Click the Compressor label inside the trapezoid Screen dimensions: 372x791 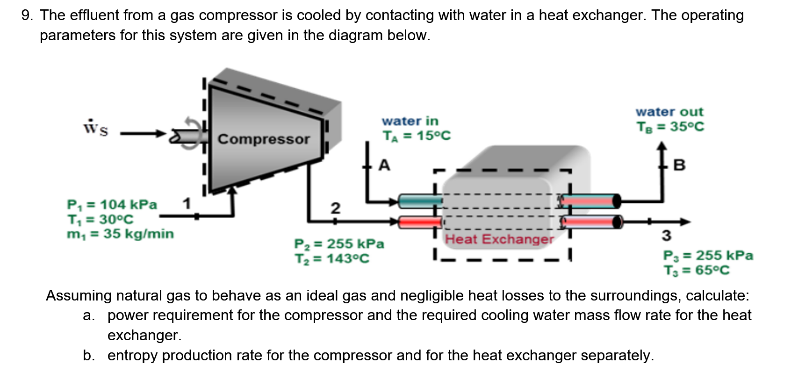[263, 139]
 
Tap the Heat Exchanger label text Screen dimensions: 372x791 [499, 239]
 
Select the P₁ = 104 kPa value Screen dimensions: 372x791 [112, 205]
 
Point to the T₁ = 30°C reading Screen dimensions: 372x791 [100, 219]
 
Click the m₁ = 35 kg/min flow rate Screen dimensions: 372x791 [120, 234]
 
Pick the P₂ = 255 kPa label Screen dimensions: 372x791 [339, 244]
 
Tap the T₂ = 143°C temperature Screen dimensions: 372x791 [331, 258]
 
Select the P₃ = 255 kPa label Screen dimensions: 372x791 [708, 256]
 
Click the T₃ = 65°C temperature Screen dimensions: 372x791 [696, 270]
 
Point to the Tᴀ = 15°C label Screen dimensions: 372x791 [417, 136]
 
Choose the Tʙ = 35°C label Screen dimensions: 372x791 [670, 127]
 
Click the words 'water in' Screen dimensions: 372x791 [410, 121]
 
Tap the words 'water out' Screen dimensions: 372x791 [669, 112]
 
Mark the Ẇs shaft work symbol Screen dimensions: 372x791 [96, 128]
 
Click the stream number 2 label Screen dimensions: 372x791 [335, 208]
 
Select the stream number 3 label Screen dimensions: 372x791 [666, 236]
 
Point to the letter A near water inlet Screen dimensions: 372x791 [384, 165]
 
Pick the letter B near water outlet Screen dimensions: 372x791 [679, 165]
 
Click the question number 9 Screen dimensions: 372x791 [27, 15]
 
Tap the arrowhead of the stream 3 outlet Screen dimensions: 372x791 [685, 222]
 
